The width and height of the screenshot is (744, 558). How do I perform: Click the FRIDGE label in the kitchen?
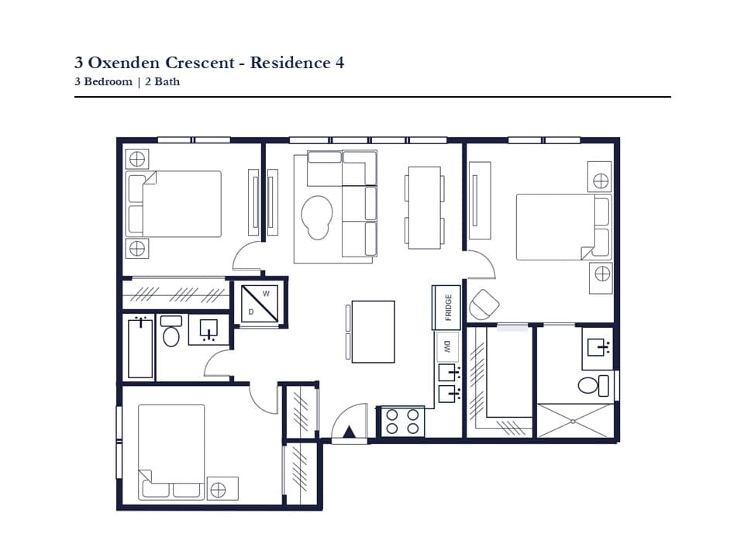click(449, 308)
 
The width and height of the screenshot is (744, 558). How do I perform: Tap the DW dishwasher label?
click(447, 346)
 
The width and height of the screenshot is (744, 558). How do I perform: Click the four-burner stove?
click(402, 422)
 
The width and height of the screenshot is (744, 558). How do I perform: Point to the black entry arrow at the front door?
click(350, 432)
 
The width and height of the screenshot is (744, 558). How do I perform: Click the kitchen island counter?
click(373, 332)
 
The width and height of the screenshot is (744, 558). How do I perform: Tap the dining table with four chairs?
click(425, 208)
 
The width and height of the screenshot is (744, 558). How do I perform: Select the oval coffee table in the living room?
click(317, 217)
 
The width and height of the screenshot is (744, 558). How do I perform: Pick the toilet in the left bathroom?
click(171, 331)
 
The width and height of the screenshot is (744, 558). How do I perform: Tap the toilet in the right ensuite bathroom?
click(594, 385)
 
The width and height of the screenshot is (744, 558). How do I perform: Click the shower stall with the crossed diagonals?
click(575, 420)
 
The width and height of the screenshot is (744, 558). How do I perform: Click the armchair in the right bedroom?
click(484, 304)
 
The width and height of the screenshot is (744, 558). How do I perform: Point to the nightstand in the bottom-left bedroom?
click(222, 489)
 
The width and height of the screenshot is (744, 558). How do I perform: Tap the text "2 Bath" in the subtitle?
click(162, 81)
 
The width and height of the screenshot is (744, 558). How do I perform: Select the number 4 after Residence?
click(339, 63)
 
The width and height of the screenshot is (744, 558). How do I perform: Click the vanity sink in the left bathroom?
click(208, 329)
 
